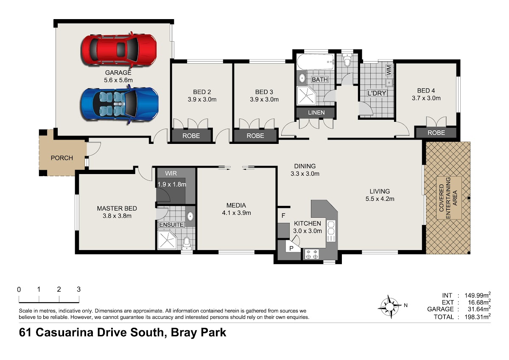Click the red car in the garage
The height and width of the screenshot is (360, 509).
coord(119,50)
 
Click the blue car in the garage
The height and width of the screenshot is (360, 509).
coord(120,104)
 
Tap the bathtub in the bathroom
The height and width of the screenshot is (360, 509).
coord(316,62)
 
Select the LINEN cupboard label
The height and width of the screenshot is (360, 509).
coord(316,112)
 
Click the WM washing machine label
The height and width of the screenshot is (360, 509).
coord(389,70)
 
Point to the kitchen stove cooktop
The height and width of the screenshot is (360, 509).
coord(312,254)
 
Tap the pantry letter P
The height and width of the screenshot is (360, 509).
coord(291,248)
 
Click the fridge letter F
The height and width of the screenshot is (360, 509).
coord(283,215)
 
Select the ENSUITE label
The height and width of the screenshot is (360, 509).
coord(171,225)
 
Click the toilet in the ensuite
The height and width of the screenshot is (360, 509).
coord(187,244)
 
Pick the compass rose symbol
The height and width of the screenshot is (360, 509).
coord(389,307)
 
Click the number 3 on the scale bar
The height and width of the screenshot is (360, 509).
coord(78,289)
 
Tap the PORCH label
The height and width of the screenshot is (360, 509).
coord(62,158)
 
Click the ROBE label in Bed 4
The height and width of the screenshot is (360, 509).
coord(436,132)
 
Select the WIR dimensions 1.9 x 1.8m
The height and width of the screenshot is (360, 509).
coord(172,184)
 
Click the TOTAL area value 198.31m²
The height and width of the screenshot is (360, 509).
coord(478,316)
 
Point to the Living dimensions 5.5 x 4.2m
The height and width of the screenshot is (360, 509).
coord(380,199)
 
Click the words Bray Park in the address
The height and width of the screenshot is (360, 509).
coord(199,332)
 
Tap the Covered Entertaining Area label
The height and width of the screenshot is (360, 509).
coord(448,198)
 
